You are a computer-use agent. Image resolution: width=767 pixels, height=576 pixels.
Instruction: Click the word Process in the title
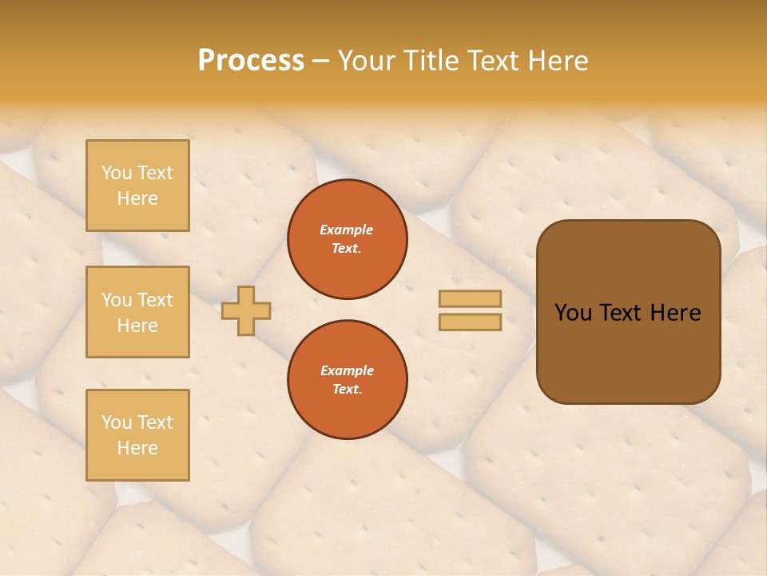point(251,60)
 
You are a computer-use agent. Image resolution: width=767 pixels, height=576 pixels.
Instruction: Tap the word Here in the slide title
point(558,60)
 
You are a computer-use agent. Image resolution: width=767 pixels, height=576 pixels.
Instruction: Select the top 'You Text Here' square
point(137,186)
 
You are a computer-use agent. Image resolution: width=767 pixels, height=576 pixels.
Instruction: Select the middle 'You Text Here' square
point(137,312)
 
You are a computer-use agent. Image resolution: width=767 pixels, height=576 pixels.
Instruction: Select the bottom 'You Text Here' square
point(137,435)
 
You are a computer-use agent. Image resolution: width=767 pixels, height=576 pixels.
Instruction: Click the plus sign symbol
point(246,310)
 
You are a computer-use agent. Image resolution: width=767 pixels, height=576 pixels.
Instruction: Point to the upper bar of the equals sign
point(470,298)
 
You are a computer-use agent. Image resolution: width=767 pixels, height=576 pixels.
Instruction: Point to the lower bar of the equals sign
point(470,322)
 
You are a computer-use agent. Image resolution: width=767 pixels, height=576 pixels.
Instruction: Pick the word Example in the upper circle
point(347,230)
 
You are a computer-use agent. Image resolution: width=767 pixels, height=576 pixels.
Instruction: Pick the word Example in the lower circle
point(347,370)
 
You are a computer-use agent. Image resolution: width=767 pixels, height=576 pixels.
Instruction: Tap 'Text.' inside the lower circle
point(347,389)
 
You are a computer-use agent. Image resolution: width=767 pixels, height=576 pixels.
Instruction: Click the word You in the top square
point(117,173)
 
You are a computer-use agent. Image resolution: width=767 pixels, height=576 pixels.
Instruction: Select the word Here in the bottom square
point(137,448)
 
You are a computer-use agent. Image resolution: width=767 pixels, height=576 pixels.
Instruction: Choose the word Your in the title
point(366,60)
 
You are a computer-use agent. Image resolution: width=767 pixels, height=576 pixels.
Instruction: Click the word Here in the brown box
point(675,313)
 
